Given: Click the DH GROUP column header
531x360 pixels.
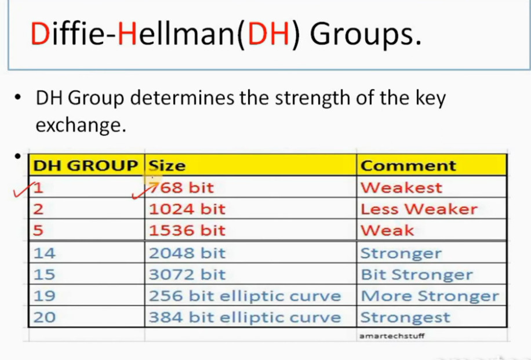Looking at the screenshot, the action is pos(85,166).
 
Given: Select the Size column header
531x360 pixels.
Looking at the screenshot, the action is pos(168,166).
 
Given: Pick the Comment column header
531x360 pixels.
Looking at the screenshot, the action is pos(408,166).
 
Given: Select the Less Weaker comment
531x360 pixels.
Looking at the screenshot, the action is pos(419,209).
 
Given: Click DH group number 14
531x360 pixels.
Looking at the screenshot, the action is pos(45,253).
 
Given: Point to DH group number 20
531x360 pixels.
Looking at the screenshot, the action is pos(45,317).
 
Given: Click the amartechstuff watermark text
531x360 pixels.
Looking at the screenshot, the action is pos(392,336).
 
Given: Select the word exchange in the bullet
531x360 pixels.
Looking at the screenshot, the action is pos(81,125).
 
